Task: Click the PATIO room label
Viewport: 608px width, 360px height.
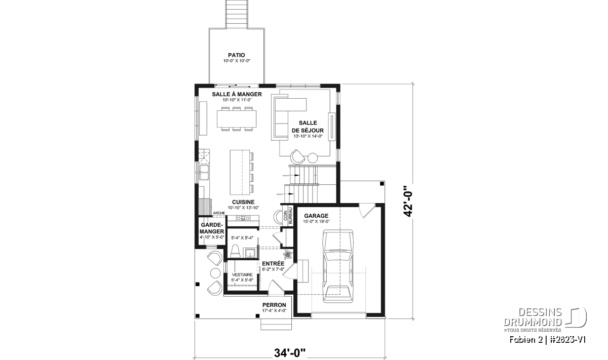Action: click(237, 55)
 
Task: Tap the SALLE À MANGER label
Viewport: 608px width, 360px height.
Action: click(237, 94)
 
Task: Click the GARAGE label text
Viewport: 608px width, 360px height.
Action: click(316, 216)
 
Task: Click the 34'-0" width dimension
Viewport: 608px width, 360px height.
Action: click(290, 353)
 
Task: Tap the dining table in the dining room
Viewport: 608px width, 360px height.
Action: click(237, 119)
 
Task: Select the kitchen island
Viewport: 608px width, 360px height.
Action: click(240, 172)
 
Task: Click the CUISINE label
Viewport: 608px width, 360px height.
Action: click(243, 202)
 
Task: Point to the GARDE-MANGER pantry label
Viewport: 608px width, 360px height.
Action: click(212, 228)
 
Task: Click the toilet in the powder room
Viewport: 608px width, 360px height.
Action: click(235, 251)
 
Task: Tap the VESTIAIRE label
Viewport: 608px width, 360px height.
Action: click(242, 274)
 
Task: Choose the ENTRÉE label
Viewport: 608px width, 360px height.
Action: click(273, 264)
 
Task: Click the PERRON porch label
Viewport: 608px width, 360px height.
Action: click(274, 305)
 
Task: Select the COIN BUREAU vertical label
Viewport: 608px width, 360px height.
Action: click(288, 216)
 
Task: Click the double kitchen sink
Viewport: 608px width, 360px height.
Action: click(204, 172)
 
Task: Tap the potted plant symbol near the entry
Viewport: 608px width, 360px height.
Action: click(288, 255)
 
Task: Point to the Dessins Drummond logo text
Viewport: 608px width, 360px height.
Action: click(533, 317)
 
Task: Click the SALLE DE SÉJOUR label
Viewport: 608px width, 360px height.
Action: click(308, 127)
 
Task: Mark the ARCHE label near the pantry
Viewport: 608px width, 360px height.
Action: click(219, 213)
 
